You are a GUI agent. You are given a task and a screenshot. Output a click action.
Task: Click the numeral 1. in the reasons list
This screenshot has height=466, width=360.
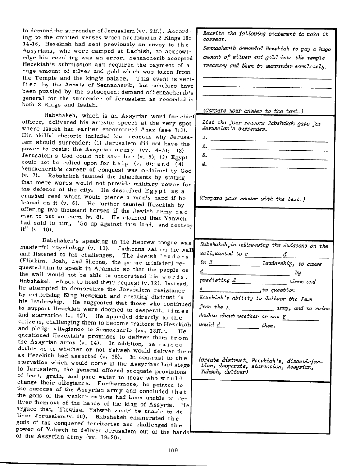pyautogui.click(x=205, y=138)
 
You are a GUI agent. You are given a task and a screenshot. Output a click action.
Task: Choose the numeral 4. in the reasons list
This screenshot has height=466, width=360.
pyautogui.click(x=205, y=165)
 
